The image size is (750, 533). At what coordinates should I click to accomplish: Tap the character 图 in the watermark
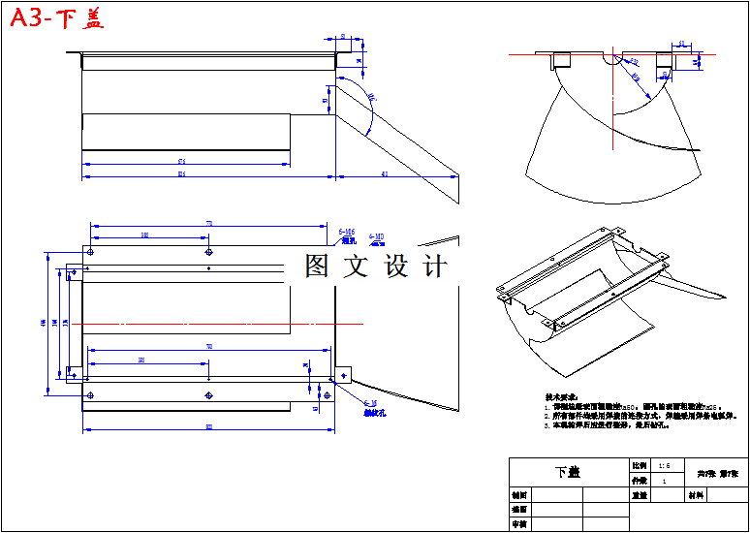point(316,266)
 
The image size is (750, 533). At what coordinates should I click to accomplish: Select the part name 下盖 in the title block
point(568,472)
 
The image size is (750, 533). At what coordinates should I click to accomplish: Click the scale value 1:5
point(662,465)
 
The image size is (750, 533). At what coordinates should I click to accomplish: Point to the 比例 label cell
point(638,465)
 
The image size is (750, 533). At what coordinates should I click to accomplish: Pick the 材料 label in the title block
point(695,494)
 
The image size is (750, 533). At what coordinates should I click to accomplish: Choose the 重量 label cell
point(639,494)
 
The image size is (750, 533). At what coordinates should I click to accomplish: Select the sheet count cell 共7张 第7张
point(717,472)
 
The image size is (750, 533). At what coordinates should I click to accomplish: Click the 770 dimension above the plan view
point(208,224)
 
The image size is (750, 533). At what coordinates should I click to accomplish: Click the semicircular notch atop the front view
point(612,61)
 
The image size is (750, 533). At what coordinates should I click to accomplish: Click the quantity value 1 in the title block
point(664,481)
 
